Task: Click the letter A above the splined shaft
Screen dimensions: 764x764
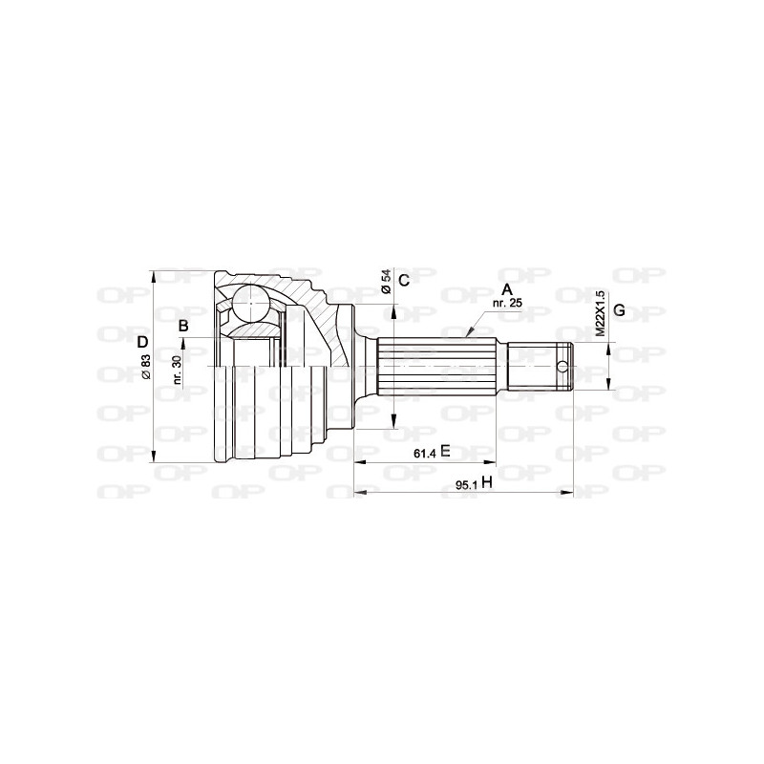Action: [x=507, y=288]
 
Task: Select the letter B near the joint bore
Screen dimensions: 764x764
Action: [x=183, y=326]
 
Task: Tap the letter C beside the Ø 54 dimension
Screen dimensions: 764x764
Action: [x=404, y=280]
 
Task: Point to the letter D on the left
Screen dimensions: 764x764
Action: [x=142, y=342]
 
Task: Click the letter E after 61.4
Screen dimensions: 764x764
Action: [x=445, y=452]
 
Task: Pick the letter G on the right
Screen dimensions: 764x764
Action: [x=619, y=310]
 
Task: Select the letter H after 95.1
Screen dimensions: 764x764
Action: [x=486, y=483]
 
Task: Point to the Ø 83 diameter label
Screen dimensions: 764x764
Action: [x=145, y=368]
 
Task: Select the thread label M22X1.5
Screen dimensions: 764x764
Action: [x=601, y=312]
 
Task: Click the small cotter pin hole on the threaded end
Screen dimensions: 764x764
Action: [x=563, y=367]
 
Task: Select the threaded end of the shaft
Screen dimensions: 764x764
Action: [x=537, y=367]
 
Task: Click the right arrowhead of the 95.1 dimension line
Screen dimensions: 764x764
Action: [x=569, y=494]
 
